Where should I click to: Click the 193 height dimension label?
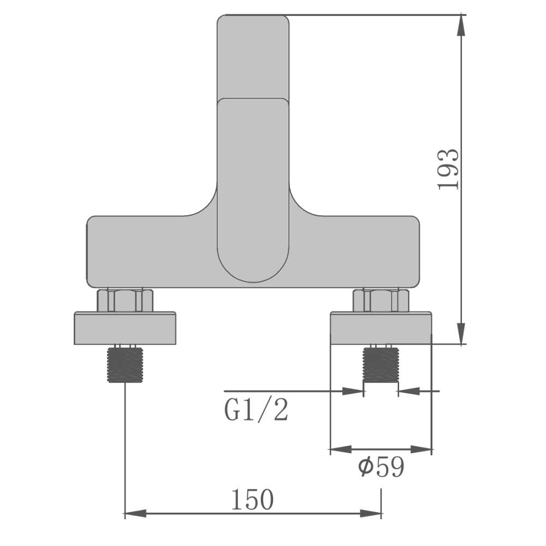[448, 170]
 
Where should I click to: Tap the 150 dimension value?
[252, 500]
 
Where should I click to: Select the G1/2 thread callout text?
[256, 410]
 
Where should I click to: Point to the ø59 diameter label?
[381, 467]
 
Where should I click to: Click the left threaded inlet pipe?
[125, 365]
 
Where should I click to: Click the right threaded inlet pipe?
[381, 365]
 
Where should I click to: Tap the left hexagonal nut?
[125, 300]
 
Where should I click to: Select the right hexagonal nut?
[381, 300]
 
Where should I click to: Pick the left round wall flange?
[125, 328]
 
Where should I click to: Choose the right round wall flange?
[381, 328]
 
